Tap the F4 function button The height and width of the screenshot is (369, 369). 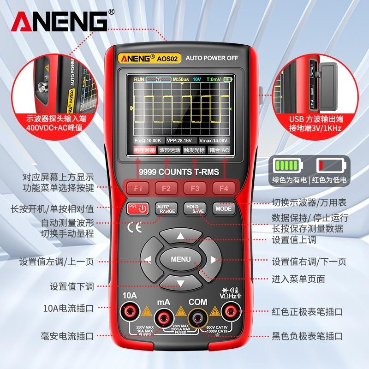224,188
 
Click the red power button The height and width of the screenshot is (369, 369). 138,208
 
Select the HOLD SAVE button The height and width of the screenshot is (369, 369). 195,208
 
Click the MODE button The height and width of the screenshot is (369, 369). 223,208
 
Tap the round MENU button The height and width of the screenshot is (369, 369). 180,259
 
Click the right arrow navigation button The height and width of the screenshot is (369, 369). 213,259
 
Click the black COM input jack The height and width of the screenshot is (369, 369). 198,316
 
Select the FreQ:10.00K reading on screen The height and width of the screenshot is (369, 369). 148,140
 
